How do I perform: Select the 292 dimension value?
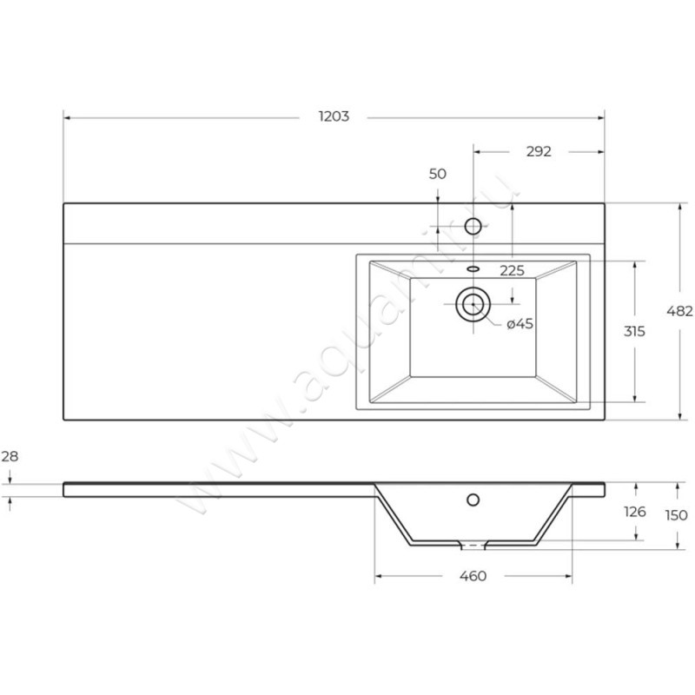pyautogui.click(x=539, y=151)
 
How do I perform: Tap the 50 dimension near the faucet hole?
pyautogui.click(x=438, y=174)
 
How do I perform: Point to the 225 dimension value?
pyautogui.click(x=512, y=270)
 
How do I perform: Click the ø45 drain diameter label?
pyautogui.click(x=520, y=324)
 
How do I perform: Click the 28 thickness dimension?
pyautogui.click(x=10, y=455)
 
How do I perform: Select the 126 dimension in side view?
pyautogui.click(x=636, y=512)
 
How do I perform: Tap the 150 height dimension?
pyautogui.click(x=678, y=515)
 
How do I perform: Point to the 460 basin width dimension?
pyautogui.click(x=473, y=575)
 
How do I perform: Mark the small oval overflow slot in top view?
pyautogui.click(x=473, y=268)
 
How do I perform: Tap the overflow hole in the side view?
pyautogui.click(x=473, y=500)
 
